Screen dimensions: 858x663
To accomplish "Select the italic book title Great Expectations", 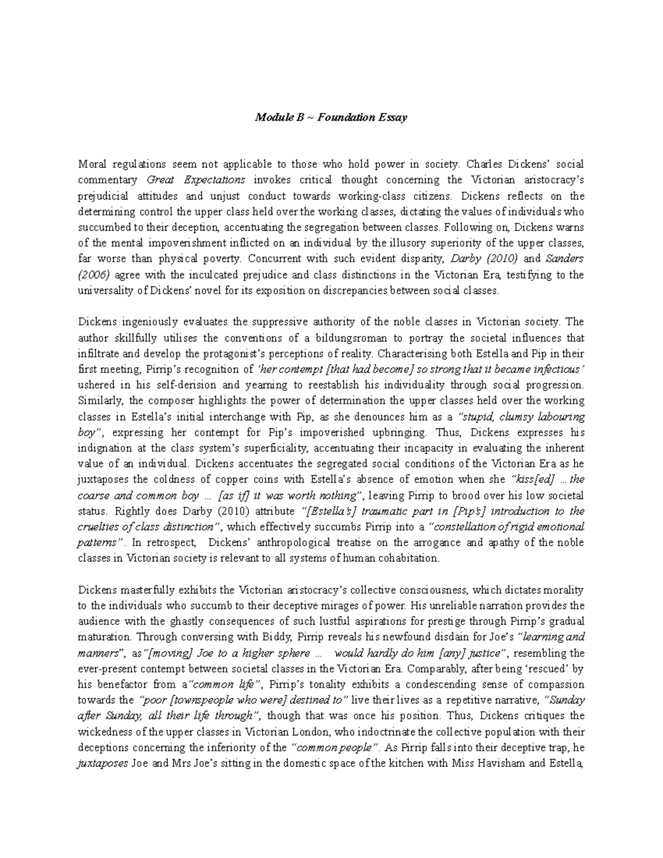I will click(x=196, y=180).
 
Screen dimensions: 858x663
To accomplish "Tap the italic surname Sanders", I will click(x=564, y=259).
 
